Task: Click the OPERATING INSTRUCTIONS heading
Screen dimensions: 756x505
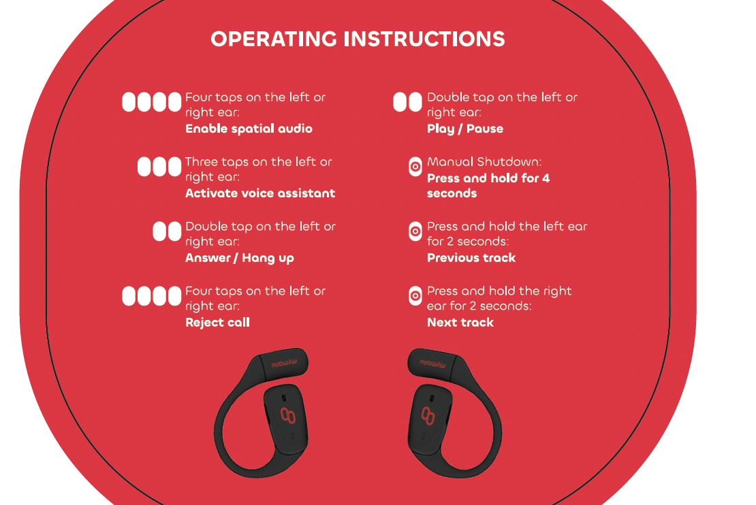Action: [x=358, y=39]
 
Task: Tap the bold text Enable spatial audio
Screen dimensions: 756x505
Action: [x=249, y=129]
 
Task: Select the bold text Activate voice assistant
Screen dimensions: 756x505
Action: [x=260, y=193]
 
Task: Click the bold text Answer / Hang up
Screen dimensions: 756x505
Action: [x=240, y=258]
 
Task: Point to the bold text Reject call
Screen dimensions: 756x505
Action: [x=217, y=323]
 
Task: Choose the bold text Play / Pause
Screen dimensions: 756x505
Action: [x=465, y=129]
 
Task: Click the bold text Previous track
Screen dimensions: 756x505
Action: [x=471, y=258]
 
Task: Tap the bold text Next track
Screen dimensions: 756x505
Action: [x=460, y=323]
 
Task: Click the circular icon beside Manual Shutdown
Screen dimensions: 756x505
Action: [x=415, y=167]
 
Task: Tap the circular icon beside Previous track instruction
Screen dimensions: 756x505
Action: [x=415, y=231]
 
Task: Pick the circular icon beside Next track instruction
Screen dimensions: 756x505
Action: [x=415, y=296]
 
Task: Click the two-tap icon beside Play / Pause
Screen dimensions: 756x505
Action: [x=407, y=102]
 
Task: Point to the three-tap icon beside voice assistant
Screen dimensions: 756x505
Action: [x=159, y=167]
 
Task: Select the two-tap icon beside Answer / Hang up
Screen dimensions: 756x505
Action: [x=167, y=231]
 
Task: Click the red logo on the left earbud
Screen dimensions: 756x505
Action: [x=288, y=415]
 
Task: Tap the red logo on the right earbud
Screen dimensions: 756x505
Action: [x=428, y=415]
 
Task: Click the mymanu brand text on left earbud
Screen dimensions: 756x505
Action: [x=284, y=363]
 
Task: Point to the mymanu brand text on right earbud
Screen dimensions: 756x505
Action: [x=432, y=363]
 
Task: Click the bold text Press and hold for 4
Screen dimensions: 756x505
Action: [x=488, y=178]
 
